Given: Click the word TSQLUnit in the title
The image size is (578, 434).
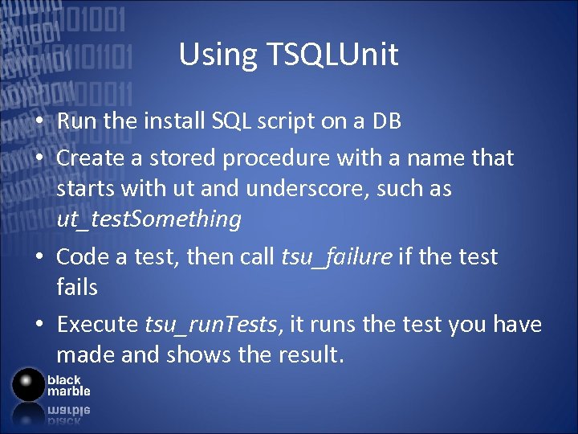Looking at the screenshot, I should pyautogui.click(x=333, y=55).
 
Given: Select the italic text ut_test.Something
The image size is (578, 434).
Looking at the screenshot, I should pyautogui.click(x=149, y=219).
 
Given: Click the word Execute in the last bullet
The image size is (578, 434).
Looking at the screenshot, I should pyautogui.click(x=97, y=325).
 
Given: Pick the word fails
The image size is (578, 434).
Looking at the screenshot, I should pyautogui.click(x=77, y=287).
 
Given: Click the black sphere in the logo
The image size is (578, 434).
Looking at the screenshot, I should pyautogui.click(x=29, y=384).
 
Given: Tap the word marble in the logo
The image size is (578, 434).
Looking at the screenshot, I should pyautogui.click(x=68, y=391).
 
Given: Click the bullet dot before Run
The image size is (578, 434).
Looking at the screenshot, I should pyautogui.click(x=39, y=122).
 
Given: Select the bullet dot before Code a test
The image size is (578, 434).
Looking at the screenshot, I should pyautogui.click(x=39, y=258).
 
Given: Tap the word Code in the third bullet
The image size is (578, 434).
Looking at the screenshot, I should pyautogui.click(x=81, y=257).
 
